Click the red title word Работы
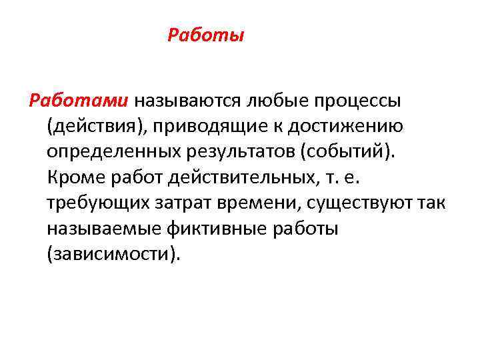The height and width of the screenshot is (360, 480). [206, 35]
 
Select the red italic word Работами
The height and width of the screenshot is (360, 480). [78, 101]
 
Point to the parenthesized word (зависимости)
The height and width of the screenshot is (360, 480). [113, 254]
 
